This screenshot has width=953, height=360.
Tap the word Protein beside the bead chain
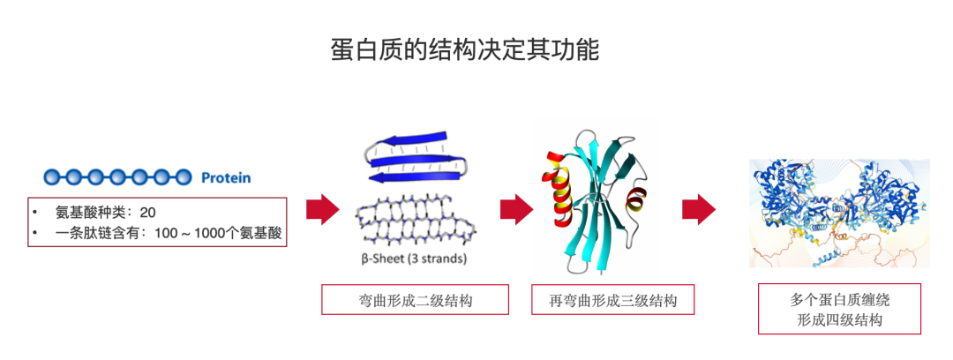coord(226,177)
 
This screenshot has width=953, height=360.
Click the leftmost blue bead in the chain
coord(52,177)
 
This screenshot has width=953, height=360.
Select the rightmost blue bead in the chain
coord(183,177)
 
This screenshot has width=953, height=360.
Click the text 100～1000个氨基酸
coord(221,235)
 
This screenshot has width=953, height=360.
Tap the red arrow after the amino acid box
coord(322,210)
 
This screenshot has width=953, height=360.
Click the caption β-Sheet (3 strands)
coord(414,259)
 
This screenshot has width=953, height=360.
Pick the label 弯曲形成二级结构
coord(415,300)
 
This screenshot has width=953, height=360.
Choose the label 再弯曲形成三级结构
coord(612,300)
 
